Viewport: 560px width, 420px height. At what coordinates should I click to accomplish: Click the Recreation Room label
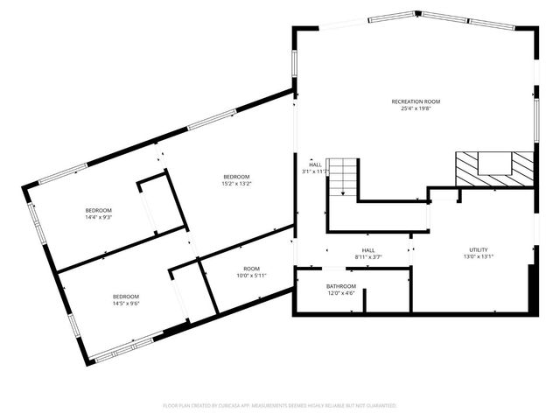(415, 101)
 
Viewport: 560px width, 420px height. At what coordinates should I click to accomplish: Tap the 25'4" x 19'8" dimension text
(415, 109)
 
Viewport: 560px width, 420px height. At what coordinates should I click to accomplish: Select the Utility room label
(478, 249)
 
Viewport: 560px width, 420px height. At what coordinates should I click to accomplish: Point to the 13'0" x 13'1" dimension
(478, 257)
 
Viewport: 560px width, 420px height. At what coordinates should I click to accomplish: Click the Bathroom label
(341, 286)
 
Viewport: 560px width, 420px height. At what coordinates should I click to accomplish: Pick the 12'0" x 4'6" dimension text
(341, 294)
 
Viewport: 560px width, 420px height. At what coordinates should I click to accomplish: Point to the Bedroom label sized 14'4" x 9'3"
(98, 210)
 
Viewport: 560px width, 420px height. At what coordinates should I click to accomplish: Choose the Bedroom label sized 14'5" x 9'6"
(126, 297)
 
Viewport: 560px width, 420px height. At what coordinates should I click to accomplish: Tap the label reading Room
(251, 269)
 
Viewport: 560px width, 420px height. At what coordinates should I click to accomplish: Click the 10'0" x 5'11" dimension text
(251, 276)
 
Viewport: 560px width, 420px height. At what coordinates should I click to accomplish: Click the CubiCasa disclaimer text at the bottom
(280, 406)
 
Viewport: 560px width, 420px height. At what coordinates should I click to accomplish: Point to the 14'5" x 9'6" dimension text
(126, 304)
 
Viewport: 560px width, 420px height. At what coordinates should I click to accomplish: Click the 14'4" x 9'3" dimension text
(98, 218)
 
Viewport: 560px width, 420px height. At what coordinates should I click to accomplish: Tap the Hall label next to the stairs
(315, 164)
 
